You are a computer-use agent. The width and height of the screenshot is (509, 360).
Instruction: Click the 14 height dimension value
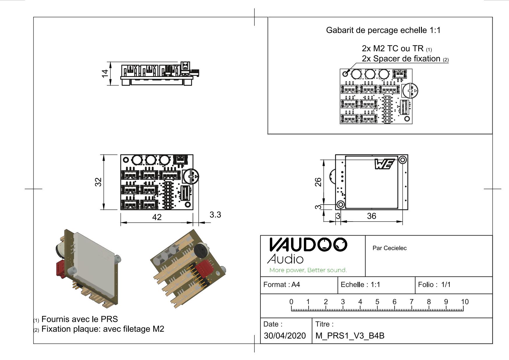[105, 73]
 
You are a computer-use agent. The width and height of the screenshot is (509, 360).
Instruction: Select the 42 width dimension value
[157, 217]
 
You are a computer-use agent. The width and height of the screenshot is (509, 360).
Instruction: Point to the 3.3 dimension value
[215, 215]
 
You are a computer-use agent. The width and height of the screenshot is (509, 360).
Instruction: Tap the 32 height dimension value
[99, 182]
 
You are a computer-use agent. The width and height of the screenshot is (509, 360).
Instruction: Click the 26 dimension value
[318, 182]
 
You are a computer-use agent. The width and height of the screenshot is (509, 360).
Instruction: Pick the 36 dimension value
[371, 216]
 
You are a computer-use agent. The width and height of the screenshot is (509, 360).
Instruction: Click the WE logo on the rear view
[385, 164]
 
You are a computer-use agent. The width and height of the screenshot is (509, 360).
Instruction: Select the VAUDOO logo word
[308, 245]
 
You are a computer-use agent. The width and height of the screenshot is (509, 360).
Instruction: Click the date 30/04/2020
[285, 336]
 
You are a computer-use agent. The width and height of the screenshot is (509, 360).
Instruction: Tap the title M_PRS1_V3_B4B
[350, 336]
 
